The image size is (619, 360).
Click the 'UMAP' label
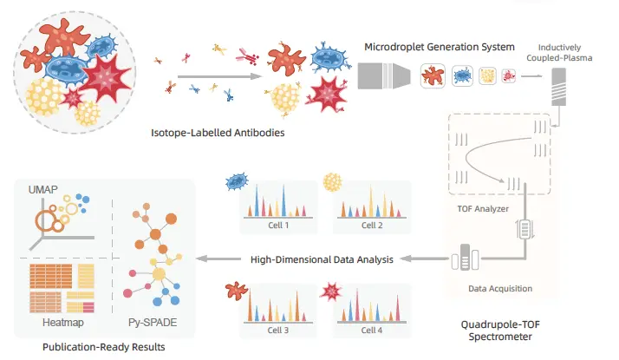(x=43, y=190)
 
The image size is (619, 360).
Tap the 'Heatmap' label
(x=63, y=323)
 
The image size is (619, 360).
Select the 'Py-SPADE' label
(x=153, y=323)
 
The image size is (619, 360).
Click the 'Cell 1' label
(x=278, y=226)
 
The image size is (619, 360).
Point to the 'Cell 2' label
(x=372, y=226)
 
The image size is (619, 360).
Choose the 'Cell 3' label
(x=278, y=331)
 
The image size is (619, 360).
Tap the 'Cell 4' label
(x=371, y=331)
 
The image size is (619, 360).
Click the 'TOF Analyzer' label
(x=483, y=209)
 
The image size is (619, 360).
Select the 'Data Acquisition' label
(x=500, y=289)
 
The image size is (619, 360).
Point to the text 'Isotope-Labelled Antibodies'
(x=218, y=133)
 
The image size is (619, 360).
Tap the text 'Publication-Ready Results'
(x=104, y=347)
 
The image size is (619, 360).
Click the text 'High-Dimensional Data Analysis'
(x=322, y=259)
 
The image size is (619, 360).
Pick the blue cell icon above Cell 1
(x=237, y=181)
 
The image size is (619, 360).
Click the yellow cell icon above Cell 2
(x=332, y=182)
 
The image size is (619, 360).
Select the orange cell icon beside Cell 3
(x=236, y=291)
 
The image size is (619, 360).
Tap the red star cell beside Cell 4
(x=331, y=291)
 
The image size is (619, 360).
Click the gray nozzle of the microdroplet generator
(x=384, y=75)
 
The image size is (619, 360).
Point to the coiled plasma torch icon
(x=558, y=87)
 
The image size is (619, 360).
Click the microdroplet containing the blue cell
(x=462, y=75)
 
